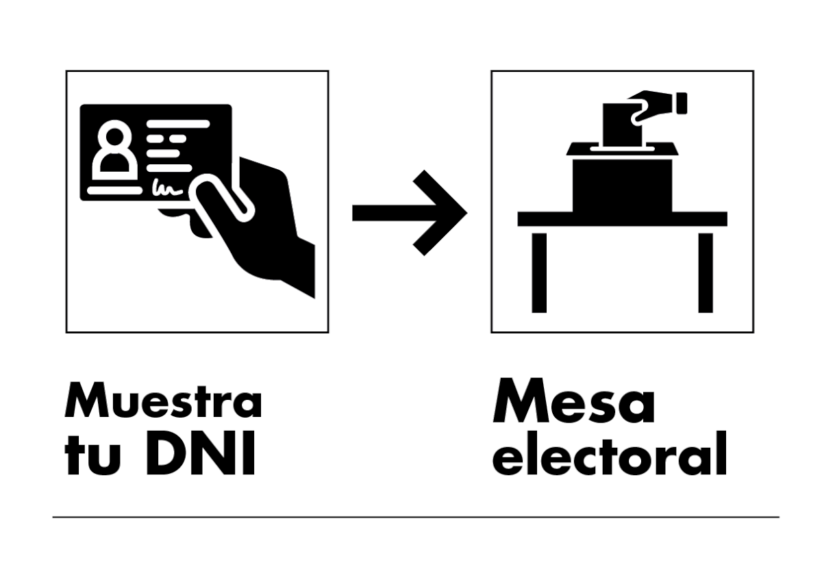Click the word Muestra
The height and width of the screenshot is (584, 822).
(163, 401)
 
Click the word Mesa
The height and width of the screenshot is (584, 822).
(573, 401)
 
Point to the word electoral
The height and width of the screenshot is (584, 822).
(610, 454)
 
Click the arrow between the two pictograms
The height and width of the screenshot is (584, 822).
(410, 213)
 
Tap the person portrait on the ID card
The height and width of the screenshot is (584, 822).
(115, 150)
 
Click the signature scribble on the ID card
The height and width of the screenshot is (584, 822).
(167, 188)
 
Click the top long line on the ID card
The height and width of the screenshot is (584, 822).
(178, 124)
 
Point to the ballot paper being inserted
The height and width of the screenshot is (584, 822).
(623, 125)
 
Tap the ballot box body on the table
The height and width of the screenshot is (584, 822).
(623, 186)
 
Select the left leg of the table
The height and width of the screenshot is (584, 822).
(539, 273)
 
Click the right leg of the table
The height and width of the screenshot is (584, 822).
(706, 273)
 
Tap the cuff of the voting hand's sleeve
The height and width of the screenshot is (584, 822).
(682, 103)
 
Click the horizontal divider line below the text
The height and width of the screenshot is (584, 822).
(416, 517)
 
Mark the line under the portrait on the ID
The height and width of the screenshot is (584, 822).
(115, 190)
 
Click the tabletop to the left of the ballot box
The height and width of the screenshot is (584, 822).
(545, 219)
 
